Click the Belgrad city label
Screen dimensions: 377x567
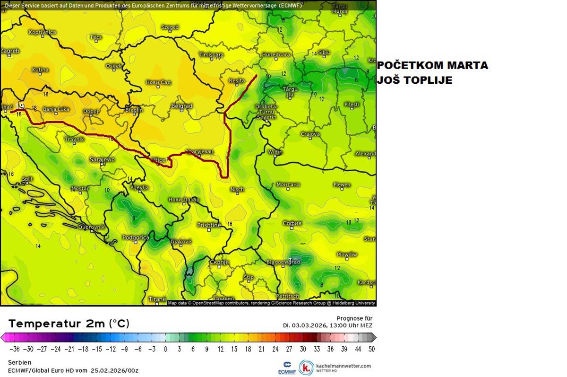182,106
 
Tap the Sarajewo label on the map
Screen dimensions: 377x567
102,159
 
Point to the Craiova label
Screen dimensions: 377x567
310,134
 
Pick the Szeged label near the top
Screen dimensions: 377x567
170,27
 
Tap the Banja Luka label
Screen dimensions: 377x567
56,109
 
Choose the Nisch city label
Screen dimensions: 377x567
237,190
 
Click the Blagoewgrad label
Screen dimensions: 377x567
283,262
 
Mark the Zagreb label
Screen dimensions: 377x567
10,51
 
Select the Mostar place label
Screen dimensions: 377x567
80,189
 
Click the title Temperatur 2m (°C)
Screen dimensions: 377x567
69,324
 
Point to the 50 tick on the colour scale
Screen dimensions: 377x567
371,349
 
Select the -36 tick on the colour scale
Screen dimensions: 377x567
15,349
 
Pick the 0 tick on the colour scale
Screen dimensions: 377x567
165,349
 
